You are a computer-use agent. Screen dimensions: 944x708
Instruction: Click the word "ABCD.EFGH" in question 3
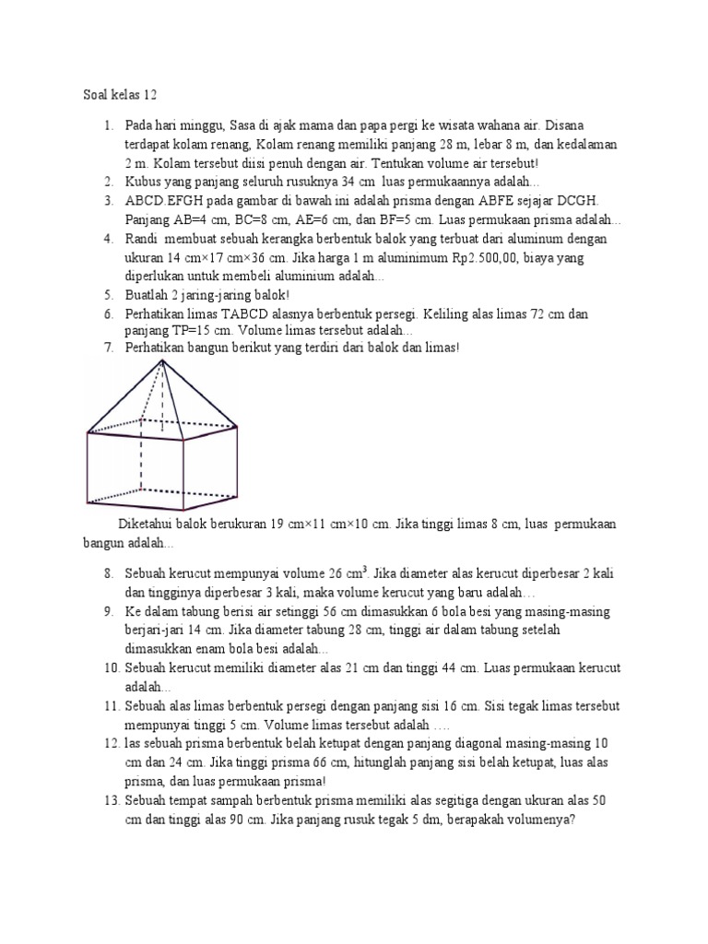(159, 201)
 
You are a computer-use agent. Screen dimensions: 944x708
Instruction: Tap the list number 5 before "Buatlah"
(107, 296)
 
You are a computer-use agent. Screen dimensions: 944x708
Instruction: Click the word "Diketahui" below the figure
(147, 525)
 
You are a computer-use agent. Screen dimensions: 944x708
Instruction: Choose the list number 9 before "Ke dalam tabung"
(107, 612)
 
